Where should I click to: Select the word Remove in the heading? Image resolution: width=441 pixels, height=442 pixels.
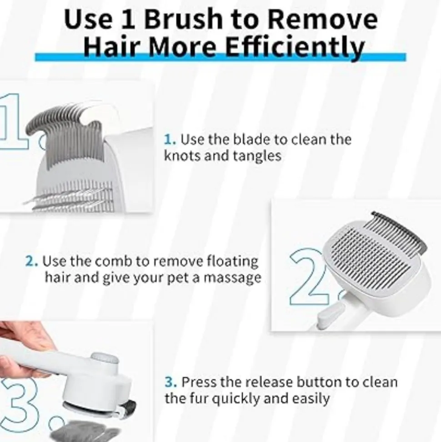(x=322, y=20)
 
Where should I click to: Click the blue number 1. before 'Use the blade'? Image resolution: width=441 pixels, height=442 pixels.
(x=170, y=140)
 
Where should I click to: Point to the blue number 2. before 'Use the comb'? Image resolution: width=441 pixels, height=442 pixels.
(x=31, y=261)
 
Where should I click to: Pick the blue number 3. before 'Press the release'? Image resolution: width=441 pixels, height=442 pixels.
(x=170, y=382)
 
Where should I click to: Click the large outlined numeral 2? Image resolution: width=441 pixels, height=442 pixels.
(x=308, y=276)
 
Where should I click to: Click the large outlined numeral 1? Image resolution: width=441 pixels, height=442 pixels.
(x=14, y=121)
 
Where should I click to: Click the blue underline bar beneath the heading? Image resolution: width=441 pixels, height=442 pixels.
(x=220, y=57)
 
